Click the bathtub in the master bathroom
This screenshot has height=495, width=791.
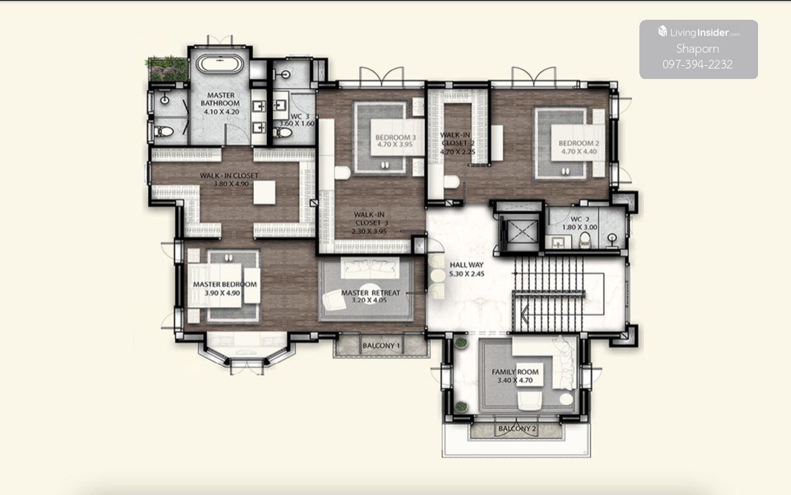(x=220, y=64)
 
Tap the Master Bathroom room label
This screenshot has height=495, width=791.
(x=220, y=99)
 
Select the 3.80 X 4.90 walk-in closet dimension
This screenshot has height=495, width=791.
(x=231, y=184)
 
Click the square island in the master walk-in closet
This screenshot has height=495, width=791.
(x=264, y=192)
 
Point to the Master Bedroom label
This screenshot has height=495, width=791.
(x=225, y=284)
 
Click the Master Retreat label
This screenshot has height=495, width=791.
(x=370, y=293)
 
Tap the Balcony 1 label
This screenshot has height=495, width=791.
(x=382, y=346)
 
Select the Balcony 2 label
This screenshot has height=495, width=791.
(x=517, y=429)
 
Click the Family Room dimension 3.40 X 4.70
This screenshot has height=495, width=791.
(x=515, y=380)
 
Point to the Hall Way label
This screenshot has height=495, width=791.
(x=467, y=265)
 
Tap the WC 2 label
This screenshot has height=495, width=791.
(x=580, y=219)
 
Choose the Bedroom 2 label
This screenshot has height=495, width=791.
(x=579, y=143)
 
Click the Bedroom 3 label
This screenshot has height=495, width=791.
(x=395, y=137)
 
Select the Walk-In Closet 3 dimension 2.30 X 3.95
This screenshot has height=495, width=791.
(x=369, y=231)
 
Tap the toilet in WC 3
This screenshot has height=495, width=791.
(x=284, y=132)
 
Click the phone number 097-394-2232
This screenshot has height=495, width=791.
(x=697, y=65)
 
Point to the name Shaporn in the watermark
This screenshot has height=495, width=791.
(x=697, y=49)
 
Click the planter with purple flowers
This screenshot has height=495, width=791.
(x=167, y=69)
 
